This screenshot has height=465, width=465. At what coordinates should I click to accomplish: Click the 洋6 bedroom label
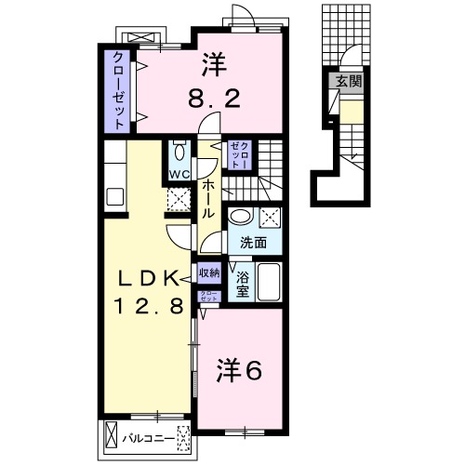tap(239, 369)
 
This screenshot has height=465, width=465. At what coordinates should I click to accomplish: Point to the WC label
tap(179, 174)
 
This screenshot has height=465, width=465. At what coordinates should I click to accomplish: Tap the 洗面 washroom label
tap(254, 244)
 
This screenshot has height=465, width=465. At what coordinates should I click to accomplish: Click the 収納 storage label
tap(208, 273)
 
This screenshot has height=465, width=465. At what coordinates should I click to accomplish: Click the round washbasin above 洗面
tap(241, 217)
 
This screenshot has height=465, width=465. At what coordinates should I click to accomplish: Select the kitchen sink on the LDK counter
tap(115, 196)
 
